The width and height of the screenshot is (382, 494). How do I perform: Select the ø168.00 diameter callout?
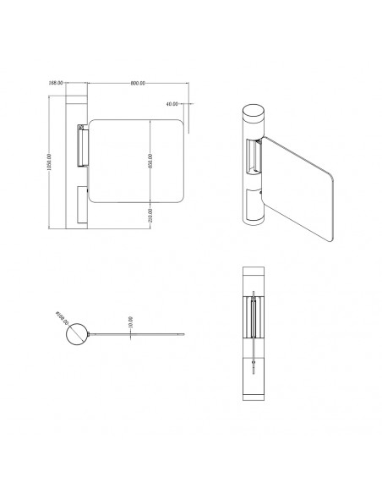pyautogui.click(x=62, y=321)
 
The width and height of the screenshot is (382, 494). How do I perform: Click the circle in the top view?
pyautogui.click(x=77, y=335)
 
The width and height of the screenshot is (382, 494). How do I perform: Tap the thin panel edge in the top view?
pyautogui.click(x=135, y=336)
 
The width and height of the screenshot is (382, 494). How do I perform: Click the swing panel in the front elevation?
pyautogui.click(x=135, y=161)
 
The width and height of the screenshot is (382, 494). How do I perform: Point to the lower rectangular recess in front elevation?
pyautogui.click(x=79, y=206)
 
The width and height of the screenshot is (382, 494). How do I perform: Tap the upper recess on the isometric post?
pyautogui.click(x=253, y=156)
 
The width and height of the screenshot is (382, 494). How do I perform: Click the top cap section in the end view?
pyautogui.click(x=254, y=280)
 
